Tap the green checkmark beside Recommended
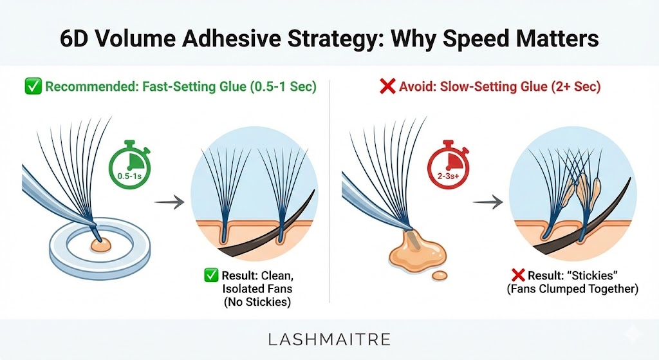pyautogui.click(x=32, y=86)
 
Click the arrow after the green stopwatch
pyautogui.click(x=169, y=202)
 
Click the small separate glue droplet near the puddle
pyautogui.click(x=440, y=276)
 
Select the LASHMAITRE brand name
pyautogui.click(x=329, y=339)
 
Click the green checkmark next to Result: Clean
pyautogui.click(x=211, y=276)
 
